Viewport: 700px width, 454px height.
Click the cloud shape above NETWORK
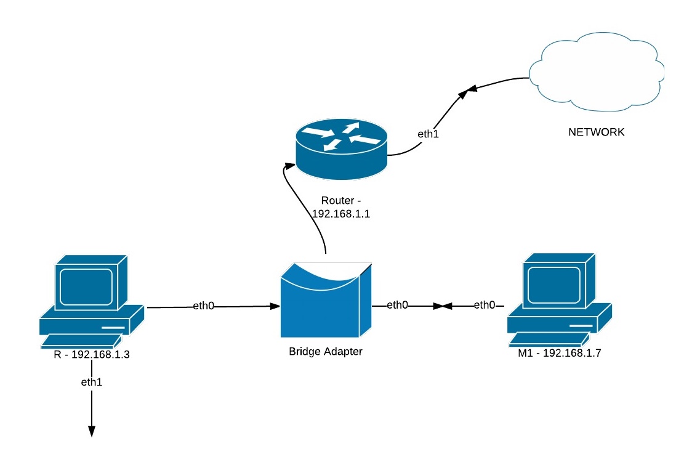tap(595, 74)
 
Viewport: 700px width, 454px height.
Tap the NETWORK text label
tap(596, 132)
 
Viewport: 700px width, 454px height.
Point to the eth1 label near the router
tap(428, 133)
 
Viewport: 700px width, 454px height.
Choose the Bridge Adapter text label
tap(326, 352)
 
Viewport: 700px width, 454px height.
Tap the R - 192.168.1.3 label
tap(91, 355)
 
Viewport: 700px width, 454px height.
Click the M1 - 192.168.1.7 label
tap(555, 355)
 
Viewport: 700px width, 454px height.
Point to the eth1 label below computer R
tap(91, 383)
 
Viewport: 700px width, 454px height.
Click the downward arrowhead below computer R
tap(91, 431)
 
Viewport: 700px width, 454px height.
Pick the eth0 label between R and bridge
tap(204, 306)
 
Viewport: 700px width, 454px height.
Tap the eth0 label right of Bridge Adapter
tap(397, 305)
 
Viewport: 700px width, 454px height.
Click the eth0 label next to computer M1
tap(484, 305)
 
